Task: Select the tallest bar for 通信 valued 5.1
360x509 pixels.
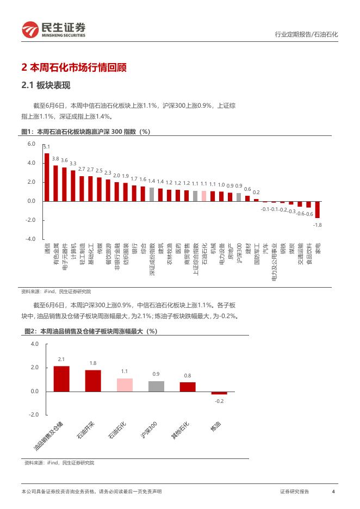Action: coord(47,177)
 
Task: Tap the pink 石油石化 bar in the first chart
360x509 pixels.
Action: coord(204,196)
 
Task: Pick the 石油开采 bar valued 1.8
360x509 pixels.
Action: coord(93,381)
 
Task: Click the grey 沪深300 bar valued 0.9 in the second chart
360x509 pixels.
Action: coord(156,386)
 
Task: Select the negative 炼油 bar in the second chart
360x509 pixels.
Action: coord(219,393)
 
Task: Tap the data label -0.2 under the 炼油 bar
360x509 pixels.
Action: coord(219,401)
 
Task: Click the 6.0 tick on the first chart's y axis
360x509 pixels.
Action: coord(31,144)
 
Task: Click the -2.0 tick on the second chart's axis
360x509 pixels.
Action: coord(34,415)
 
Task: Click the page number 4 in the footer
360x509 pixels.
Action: coord(333,492)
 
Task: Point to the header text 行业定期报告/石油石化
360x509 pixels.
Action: coord(305,34)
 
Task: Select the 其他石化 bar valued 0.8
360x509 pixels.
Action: coord(188,387)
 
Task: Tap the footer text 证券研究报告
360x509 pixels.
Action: coord(294,492)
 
